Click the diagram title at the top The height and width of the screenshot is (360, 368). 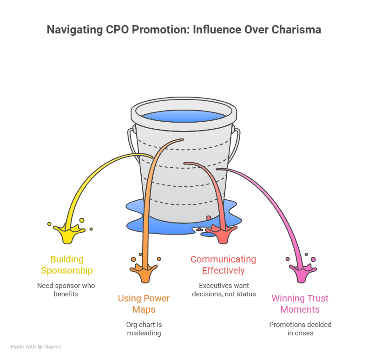[185, 32]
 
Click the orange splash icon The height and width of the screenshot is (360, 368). [145, 273]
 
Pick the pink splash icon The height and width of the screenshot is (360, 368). [302, 273]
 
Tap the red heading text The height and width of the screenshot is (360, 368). [223, 265]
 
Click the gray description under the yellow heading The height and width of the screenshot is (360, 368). [65, 289]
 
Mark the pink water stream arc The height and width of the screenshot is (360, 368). [274, 200]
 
